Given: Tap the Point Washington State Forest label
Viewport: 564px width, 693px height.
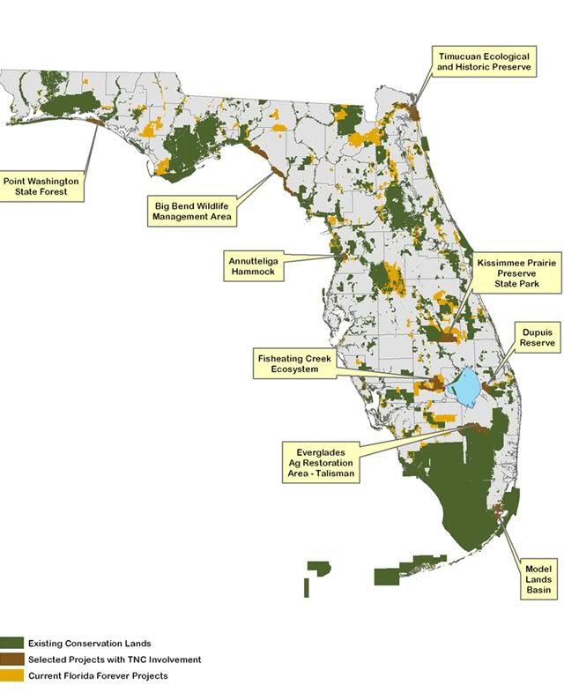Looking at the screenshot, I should click(41, 186).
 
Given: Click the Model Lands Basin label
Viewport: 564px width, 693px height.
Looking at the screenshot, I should click(538, 578).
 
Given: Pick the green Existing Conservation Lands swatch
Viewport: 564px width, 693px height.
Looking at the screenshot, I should click(12, 644).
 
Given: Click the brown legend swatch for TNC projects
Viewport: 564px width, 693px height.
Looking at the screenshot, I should click(12, 659).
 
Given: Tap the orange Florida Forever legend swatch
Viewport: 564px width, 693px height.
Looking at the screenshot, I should click(12, 675).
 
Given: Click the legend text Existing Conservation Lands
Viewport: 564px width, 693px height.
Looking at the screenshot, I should click(95, 644).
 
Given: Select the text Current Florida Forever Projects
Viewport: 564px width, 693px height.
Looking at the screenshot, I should click(98, 675).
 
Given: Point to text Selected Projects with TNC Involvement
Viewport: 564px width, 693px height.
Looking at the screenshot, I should click(115, 659).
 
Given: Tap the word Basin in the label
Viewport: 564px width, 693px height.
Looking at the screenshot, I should click(538, 591).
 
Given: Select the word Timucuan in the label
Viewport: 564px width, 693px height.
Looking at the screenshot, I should click(461, 55).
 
